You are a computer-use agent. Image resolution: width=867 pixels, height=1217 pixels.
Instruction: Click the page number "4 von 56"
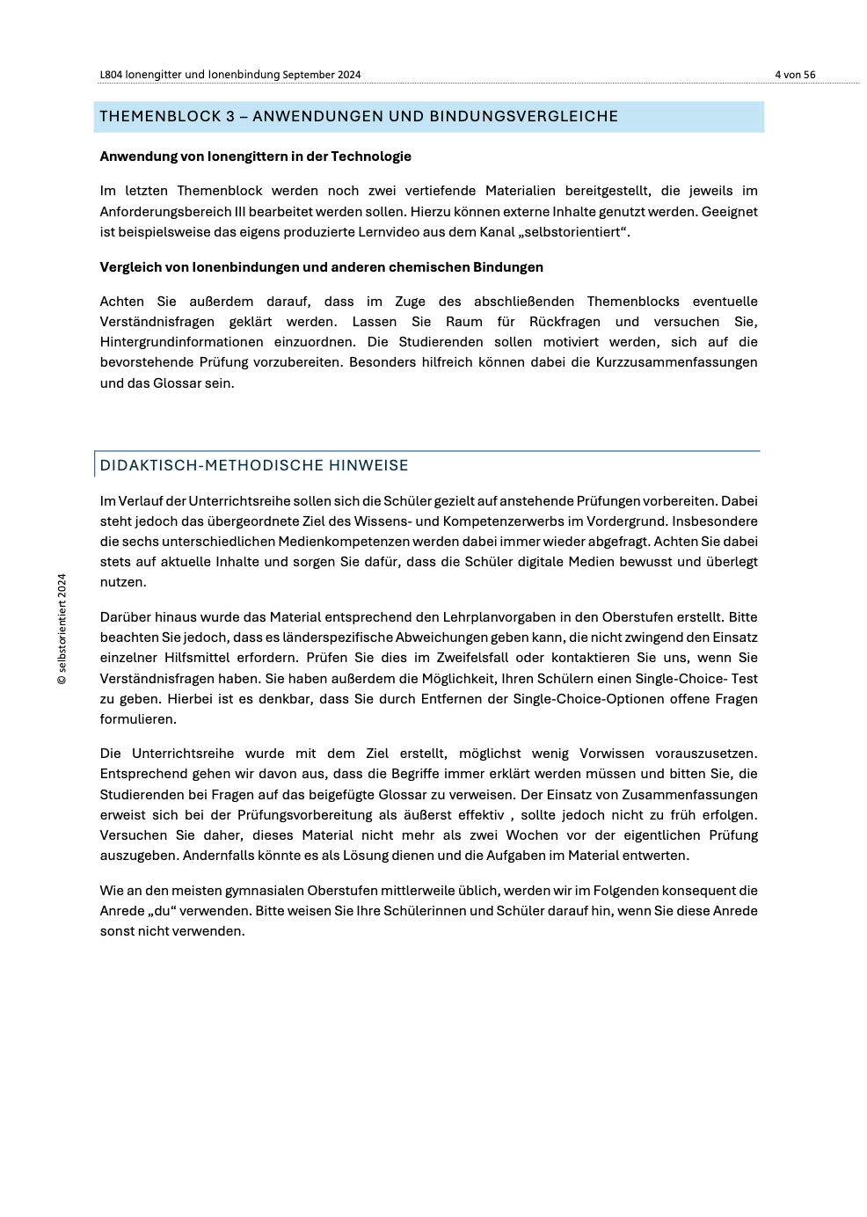pos(795,75)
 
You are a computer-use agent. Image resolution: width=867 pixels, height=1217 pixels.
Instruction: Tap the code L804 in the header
pos(111,75)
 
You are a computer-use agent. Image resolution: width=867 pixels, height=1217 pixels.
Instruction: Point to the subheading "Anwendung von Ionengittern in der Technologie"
pos(255,157)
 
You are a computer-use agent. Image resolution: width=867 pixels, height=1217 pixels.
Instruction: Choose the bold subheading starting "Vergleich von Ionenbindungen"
pos(321,267)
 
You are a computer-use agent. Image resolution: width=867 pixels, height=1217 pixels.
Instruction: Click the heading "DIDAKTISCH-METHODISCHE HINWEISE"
pos(254,465)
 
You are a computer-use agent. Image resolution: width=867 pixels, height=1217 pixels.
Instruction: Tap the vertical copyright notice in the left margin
pos(62,629)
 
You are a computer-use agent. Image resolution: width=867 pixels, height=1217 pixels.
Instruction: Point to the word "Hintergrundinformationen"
pos(181,342)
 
